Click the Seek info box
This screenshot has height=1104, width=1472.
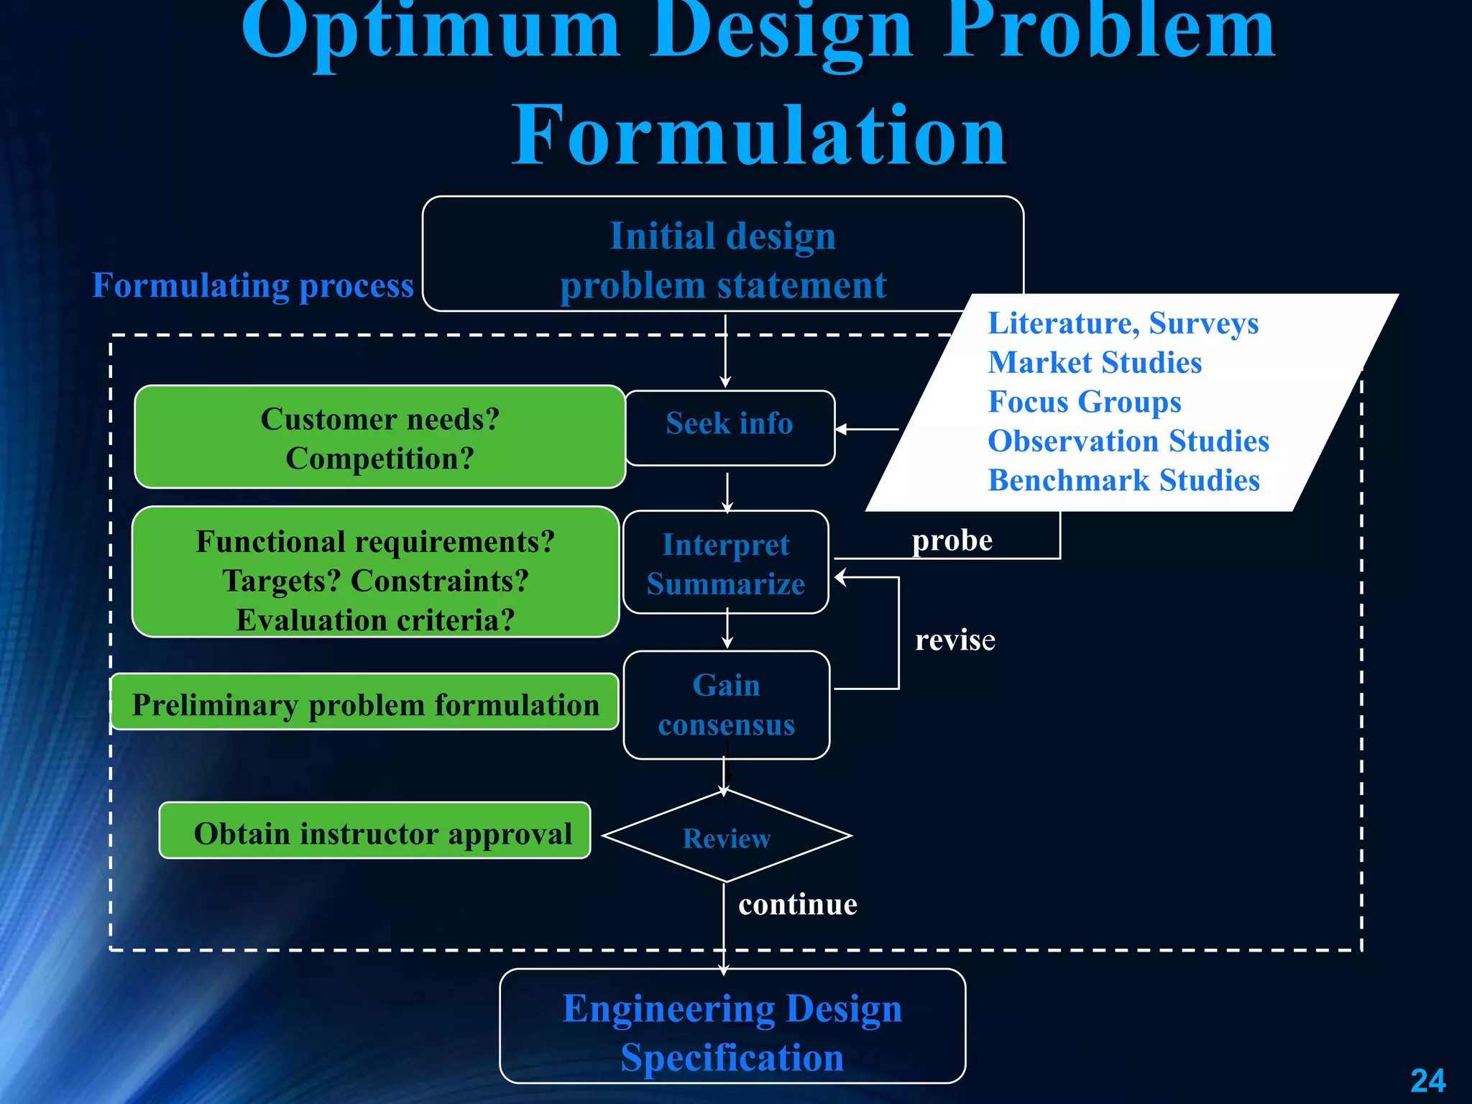(730, 427)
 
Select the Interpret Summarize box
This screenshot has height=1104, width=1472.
(726, 563)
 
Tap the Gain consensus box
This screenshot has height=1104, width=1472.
(726, 704)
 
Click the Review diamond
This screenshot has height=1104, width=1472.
(727, 837)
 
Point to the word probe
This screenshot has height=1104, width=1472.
(952, 540)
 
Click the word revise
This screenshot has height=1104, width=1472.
(954, 640)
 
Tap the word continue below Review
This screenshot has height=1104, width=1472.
(798, 904)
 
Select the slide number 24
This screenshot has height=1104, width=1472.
(1427, 1080)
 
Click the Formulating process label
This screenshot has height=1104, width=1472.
(253, 285)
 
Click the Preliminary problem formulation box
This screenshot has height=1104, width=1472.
(365, 704)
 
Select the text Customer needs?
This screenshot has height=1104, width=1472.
(379, 419)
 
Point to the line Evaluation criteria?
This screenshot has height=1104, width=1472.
(375, 620)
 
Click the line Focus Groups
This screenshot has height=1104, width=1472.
(1084, 402)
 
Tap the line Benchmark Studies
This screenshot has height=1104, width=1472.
(1123, 480)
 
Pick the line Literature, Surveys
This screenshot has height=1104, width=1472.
(1123, 323)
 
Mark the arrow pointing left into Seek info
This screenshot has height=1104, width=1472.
(866, 429)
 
